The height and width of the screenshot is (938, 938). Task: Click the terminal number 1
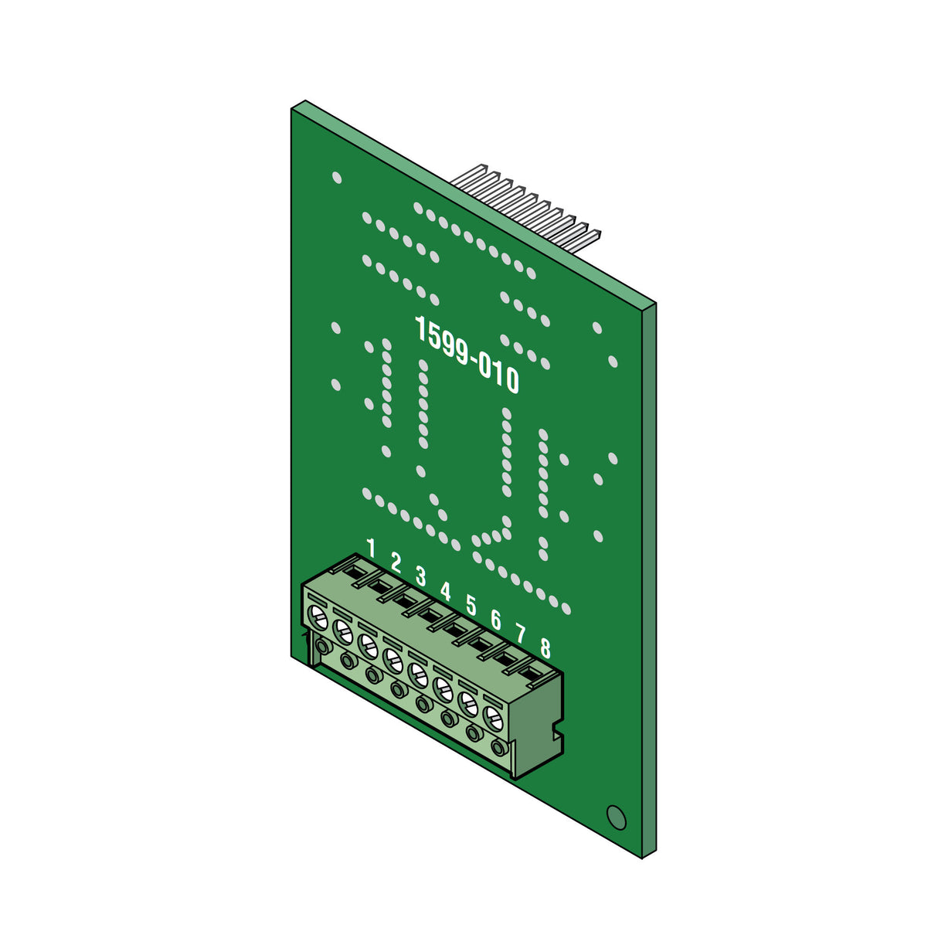click(371, 549)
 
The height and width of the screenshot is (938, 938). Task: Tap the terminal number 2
click(396, 562)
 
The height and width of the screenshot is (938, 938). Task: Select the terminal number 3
click(420, 576)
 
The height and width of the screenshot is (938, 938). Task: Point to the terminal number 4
click(445, 591)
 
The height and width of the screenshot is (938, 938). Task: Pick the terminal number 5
click(471, 606)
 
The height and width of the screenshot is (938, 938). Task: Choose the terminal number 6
click(495, 620)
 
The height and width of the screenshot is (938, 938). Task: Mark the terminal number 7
click(520, 634)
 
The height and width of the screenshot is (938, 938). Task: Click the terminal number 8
click(545, 648)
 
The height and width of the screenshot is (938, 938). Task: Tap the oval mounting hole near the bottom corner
click(616, 817)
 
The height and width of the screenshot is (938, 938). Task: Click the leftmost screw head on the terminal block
click(317, 616)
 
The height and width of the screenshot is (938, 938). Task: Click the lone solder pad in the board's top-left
click(336, 178)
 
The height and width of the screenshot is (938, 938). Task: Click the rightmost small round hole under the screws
click(499, 749)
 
